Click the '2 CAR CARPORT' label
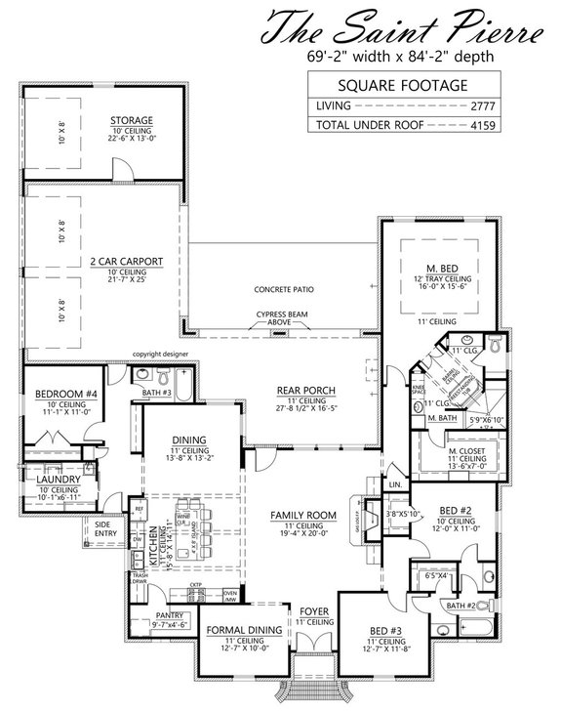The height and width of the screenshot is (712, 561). coord(126,262)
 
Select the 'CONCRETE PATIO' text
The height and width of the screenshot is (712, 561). coord(285,290)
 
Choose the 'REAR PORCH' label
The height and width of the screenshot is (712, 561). coord(300,390)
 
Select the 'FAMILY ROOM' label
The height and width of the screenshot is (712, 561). coord(304,515)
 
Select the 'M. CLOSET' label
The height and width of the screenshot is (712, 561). coord(457,448)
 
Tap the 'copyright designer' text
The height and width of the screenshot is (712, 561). coord(160,356)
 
